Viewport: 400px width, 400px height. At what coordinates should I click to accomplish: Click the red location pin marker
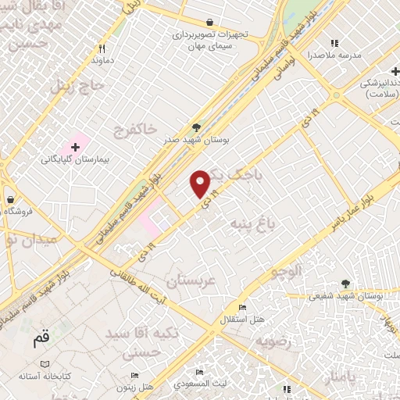pyautogui.click(x=201, y=184)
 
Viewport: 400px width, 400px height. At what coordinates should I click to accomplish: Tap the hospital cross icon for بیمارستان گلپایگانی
pyautogui.click(x=75, y=146)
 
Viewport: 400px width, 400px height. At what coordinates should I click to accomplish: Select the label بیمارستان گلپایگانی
pyautogui.click(x=75, y=159)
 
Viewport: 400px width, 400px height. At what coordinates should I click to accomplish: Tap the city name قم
pyautogui.click(x=41, y=340)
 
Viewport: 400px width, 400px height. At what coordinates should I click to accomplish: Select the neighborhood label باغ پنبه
pyautogui.click(x=252, y=225)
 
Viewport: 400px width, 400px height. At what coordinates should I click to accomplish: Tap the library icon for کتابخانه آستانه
pyautogui.click(x=45, y=365)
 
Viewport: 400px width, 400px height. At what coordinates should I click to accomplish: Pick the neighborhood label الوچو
pyautogui.click(x=285, y=272)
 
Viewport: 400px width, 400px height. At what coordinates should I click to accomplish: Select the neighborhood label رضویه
pyautogui.click(x=273, y=341)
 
